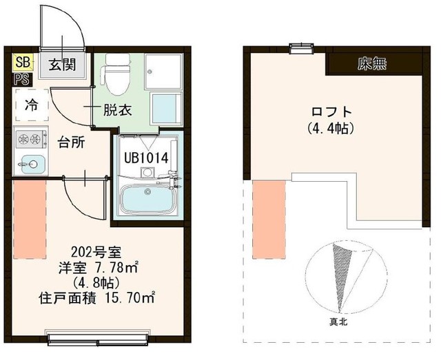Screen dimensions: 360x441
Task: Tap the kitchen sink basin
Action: pyautogui.click(x=31, y=164)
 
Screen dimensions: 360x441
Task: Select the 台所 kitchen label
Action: pyautogui.click(x=71, y=143)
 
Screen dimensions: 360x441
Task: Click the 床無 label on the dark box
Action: pyautogui.click(x=372, y=65)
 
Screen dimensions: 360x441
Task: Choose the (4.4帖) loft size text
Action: pyautogui.click(x=331, y=127)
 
